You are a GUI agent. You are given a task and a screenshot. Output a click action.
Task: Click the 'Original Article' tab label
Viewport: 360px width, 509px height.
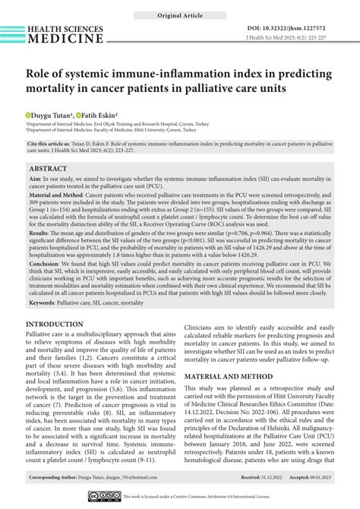(179, 15)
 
